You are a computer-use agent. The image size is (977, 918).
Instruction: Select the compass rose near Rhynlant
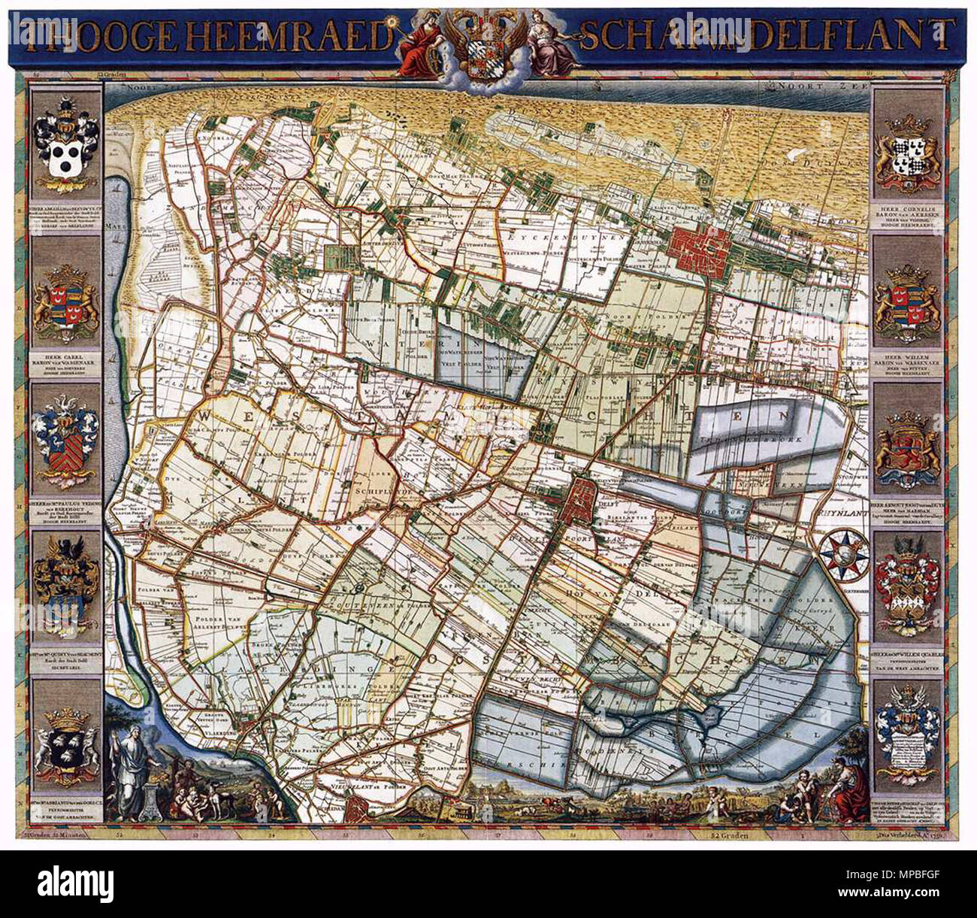pyautogui.click(x=842, y=554)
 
